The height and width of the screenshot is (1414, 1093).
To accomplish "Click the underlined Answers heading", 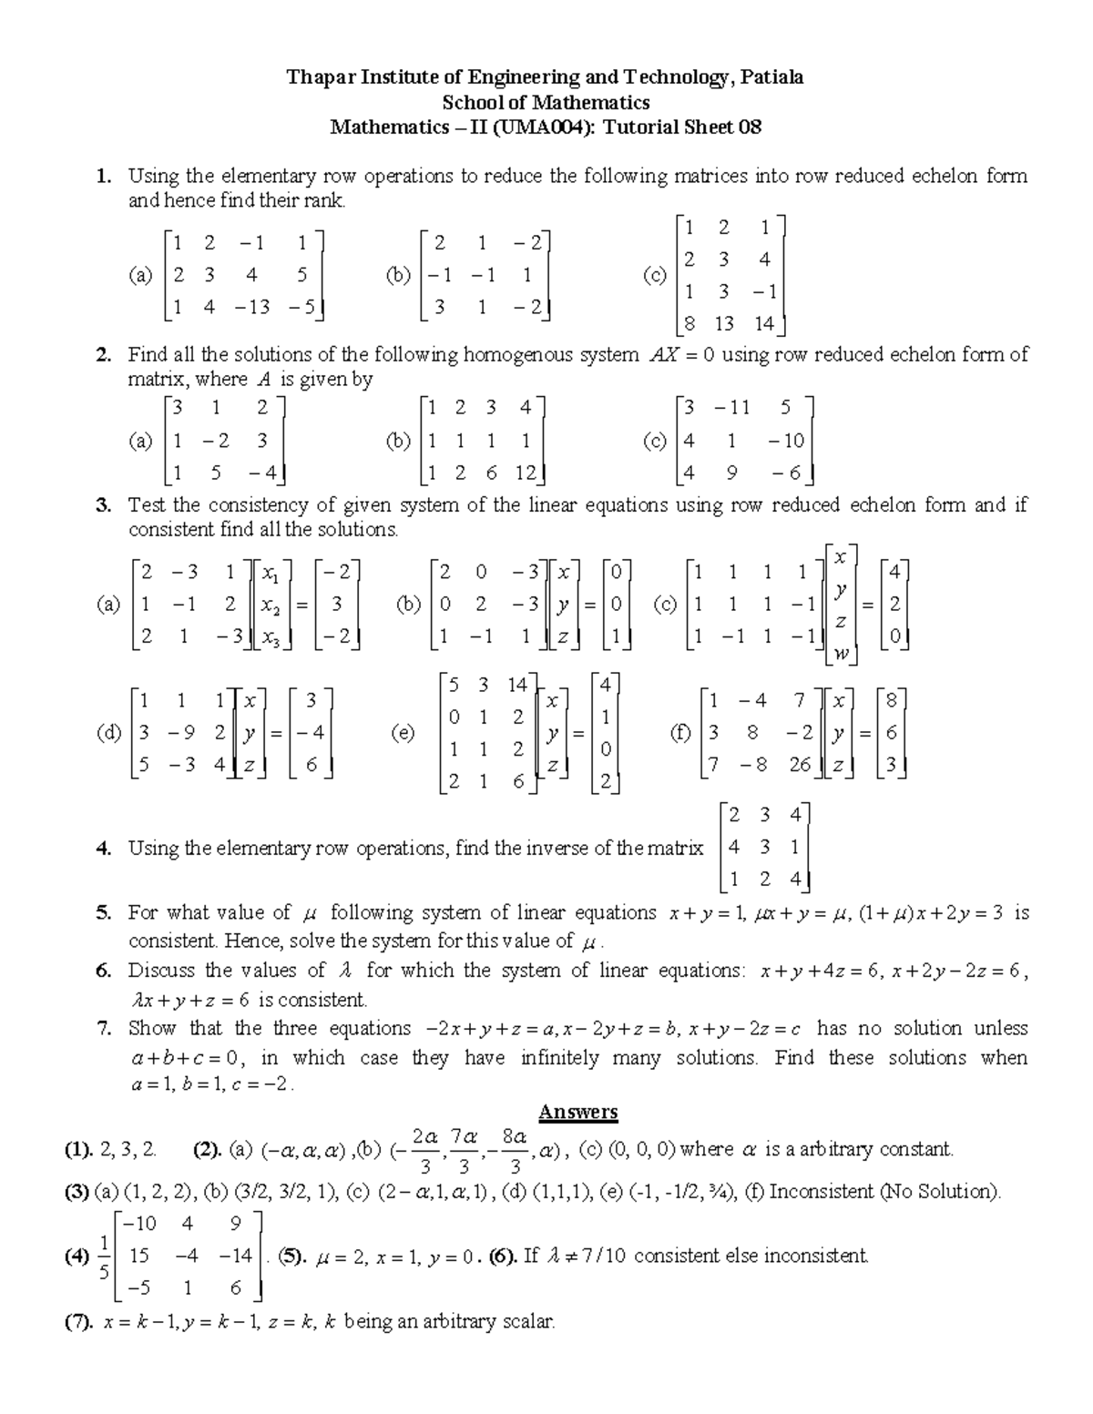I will (x=578, y=1112).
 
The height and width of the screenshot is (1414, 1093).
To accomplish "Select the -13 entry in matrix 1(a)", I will (x=252, y=307).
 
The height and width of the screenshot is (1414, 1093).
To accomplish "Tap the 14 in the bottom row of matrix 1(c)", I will (x=763, y=323).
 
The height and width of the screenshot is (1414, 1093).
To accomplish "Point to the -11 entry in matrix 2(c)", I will (x=731, y=408).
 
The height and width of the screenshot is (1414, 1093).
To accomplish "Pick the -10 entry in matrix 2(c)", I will (x=785, y=441).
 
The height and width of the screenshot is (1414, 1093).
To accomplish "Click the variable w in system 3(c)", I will (x=840, y=652).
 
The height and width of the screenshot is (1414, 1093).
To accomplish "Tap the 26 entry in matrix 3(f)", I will (x=800, y=765).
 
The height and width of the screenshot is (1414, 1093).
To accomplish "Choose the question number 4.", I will (x=103, y=849).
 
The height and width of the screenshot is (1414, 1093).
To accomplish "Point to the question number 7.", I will (x=104, y=1029).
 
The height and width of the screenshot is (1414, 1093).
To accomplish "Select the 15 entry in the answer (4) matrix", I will (x=139, y=1256).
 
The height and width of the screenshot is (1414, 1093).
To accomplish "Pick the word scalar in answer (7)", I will (x=528, y=1321).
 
